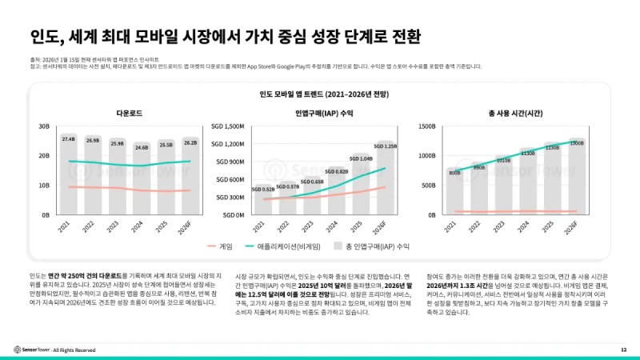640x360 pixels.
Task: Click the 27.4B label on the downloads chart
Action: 68,138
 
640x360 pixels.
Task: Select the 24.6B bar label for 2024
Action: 141,147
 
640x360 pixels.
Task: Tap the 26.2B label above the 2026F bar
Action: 190,142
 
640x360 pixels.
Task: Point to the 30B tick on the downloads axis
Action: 44,126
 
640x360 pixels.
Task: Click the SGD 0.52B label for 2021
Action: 263,190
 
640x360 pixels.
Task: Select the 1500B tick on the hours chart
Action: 426,126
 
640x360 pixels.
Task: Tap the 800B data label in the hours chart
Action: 454,172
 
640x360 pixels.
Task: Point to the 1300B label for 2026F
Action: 577,143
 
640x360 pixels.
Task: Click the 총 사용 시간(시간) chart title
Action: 515,113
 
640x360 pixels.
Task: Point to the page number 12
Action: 623,350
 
